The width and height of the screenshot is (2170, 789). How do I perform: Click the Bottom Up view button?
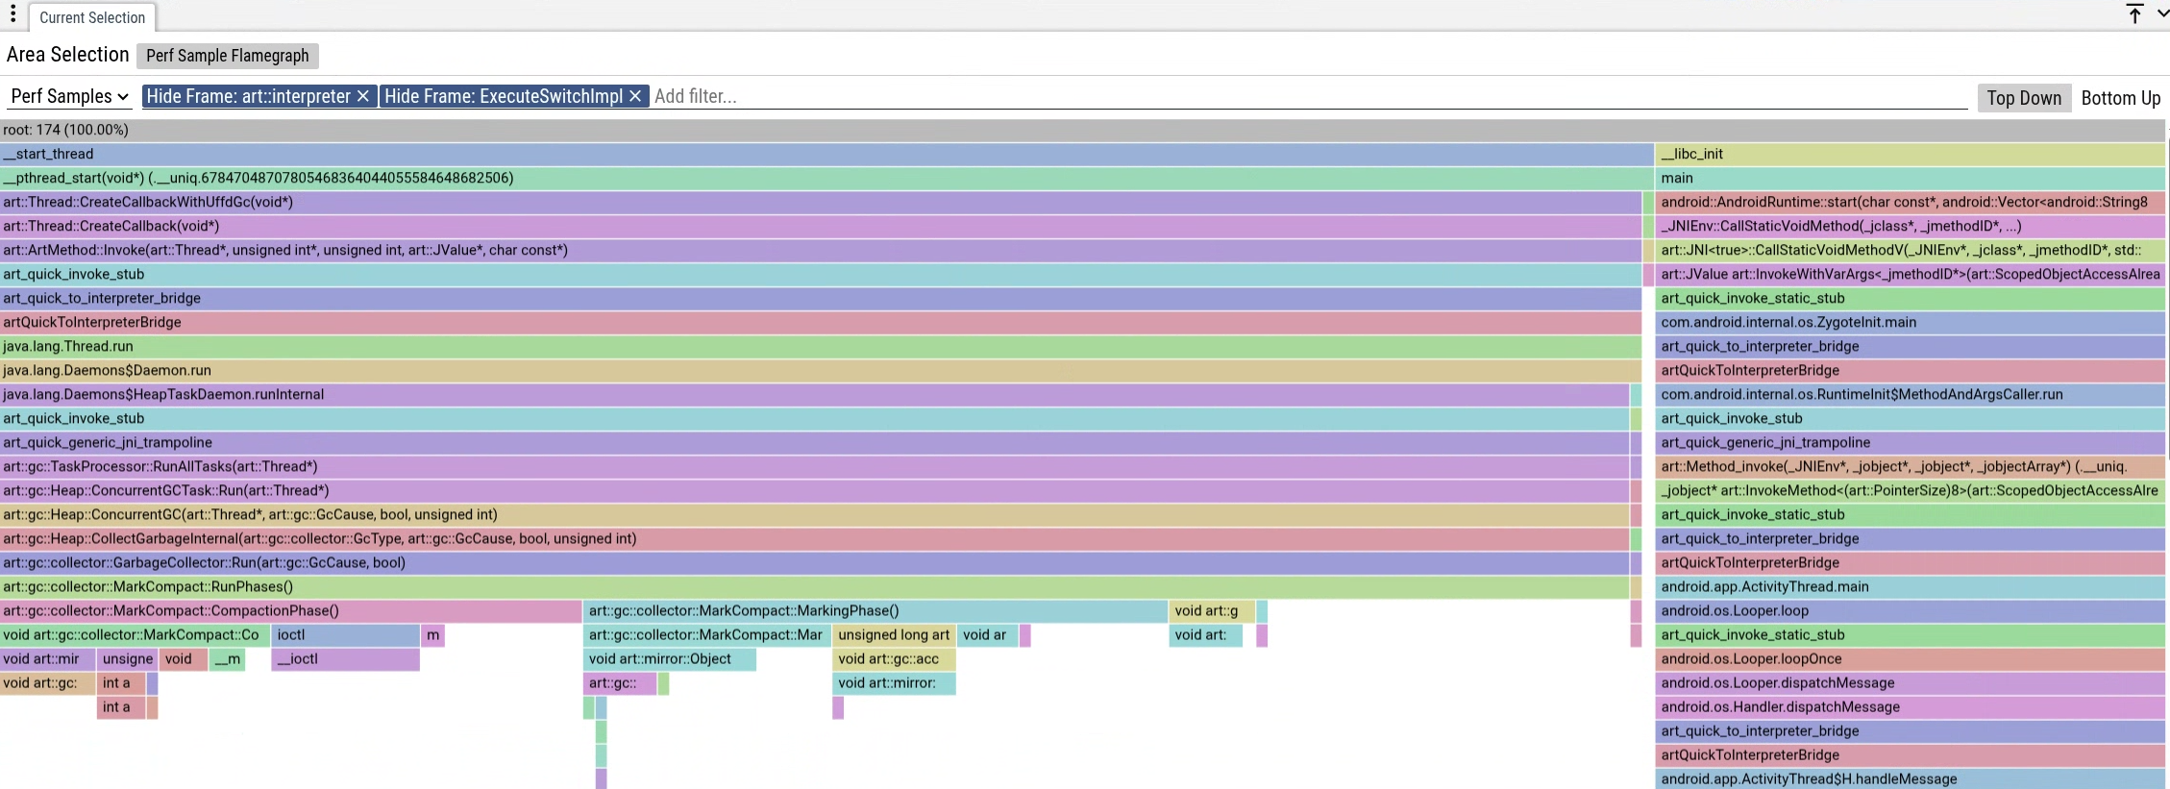(2120, 98)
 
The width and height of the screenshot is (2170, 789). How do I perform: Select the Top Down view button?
(2023, 98)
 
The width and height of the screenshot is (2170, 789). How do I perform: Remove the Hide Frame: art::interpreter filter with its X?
(363, 96)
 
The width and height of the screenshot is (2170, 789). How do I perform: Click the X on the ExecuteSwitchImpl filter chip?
(635, 96)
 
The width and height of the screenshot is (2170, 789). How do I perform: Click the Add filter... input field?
(1249, 96)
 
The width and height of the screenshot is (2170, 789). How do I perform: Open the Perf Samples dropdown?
(69, 96)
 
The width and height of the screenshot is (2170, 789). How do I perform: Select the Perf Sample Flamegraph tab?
(227, 56)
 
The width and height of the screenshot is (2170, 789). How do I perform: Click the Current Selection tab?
(92, 17)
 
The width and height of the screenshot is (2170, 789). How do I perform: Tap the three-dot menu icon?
(13, 14)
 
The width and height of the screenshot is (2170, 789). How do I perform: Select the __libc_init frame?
(1909, 154)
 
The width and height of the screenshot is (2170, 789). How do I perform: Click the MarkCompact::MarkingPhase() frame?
(875, 610)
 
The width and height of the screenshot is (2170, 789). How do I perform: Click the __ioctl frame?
(345, 658)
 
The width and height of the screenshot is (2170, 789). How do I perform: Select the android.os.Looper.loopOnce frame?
(1909, 658)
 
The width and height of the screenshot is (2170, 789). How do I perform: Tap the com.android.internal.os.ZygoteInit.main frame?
(1909, 322)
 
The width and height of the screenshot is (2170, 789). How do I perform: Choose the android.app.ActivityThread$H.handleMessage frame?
(1909, 778)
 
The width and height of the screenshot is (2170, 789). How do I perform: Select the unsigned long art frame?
(894, 634)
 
